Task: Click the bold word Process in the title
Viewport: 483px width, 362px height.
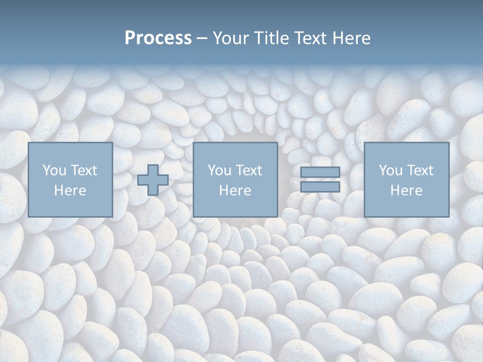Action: click(158, 38)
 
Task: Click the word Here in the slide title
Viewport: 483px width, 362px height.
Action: click(352, 38)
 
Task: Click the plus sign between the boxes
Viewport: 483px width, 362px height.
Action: click(153, 180)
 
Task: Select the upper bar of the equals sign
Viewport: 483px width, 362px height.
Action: click(320, 172)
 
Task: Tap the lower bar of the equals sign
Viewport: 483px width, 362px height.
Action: click(320, 187)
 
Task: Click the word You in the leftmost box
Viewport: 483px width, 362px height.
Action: click(54, 170)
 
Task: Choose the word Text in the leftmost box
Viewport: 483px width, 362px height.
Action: click(83, 170)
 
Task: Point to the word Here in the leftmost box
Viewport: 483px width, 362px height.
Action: click(70, 191)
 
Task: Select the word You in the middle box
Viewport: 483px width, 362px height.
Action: click(219, 170)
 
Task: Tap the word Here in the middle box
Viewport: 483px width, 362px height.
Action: click(235, 191)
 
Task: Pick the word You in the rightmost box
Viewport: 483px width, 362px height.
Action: click(390, 170)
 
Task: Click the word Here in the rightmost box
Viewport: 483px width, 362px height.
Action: click(406, 191)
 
